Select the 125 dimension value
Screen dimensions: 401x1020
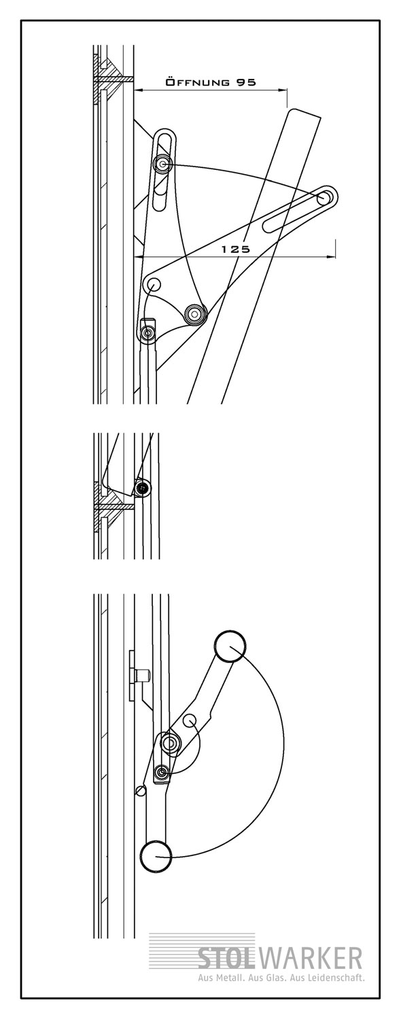[235, 249]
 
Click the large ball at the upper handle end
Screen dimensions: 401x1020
[230, 646]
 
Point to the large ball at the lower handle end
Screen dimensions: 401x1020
[156, 857]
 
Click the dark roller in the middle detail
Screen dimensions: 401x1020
[143, 488]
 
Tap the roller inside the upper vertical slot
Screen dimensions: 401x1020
[162, 163]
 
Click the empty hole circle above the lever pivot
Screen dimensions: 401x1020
[153, 284]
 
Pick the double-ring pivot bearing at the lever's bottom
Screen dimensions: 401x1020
[195, 313]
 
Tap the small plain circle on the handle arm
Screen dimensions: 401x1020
[190, 720]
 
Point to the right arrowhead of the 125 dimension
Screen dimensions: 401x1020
[332, 257]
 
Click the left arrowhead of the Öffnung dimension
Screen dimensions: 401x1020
[138, 90]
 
